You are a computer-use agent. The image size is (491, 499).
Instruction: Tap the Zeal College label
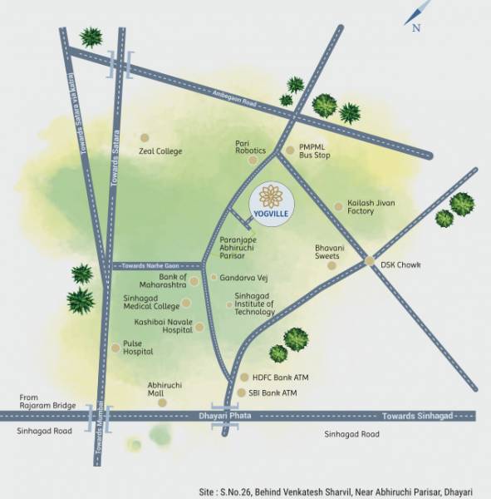point(161,151)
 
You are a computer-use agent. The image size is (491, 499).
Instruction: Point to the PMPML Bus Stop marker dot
point(290,151)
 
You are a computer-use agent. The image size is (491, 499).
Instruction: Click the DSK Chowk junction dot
point(371,261)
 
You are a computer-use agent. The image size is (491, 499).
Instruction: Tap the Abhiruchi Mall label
point(162,389)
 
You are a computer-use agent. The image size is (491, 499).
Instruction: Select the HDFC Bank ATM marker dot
point(244,377)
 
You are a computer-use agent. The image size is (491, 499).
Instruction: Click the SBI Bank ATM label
point(274,393)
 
